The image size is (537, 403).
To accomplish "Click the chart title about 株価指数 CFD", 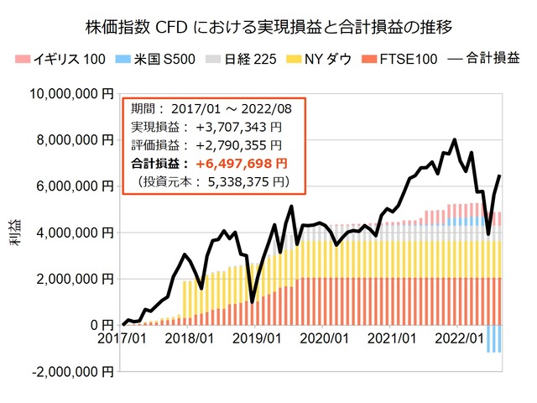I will tap(268, 27).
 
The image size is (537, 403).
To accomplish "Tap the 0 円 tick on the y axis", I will tap(100, 325).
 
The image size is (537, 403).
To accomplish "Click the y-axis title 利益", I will tap(18, 233).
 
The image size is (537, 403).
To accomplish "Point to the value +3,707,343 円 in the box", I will tap(240, 127).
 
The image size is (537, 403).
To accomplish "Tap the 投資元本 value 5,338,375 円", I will tap(243, 181).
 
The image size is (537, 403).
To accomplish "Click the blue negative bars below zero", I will tap(495, 338).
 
